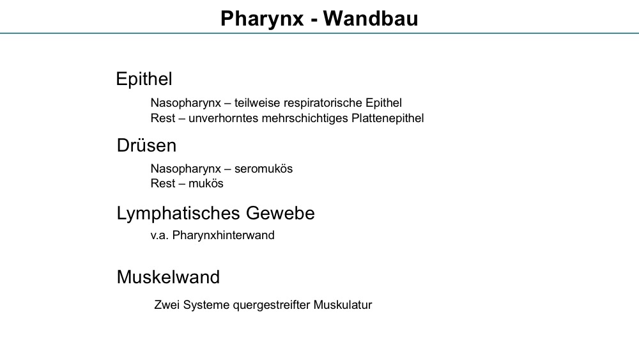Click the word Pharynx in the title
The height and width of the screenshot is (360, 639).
click(262, 19)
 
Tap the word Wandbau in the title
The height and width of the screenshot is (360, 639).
click(371, 19)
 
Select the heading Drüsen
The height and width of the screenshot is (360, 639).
click(146, 146)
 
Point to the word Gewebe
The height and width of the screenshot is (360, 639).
click(281, 213)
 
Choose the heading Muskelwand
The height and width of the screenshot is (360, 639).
click(168, 278)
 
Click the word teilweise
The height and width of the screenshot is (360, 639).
click(257, 103)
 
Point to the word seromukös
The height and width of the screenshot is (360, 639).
click(263, 169)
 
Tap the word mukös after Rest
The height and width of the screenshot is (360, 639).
click(206, 184)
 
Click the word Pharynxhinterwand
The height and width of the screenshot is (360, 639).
click(223, 235)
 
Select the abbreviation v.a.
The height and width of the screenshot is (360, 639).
click(159, 236)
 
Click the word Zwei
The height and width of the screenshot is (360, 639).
click(167, 305)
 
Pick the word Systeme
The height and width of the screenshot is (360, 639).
click(206, 306)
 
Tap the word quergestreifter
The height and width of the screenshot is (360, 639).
click(272, 306)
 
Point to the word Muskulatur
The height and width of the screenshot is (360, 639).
click(343, 305)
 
